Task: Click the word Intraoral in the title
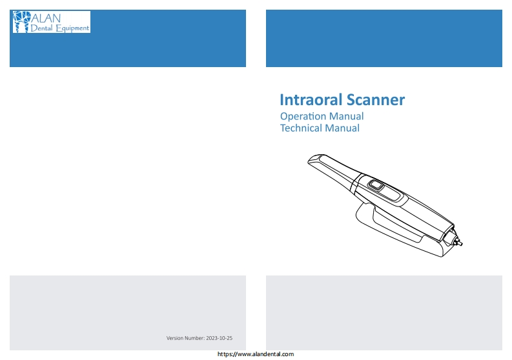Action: [x=311, y=99]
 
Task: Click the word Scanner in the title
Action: [x=376, y=99]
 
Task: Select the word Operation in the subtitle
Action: [x=303, y=117]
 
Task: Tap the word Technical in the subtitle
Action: [x=301, y=128]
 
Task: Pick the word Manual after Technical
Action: [x=342, y=128]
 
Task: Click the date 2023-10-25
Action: [x=219, y=338]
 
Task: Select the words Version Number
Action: [x=185, y=338]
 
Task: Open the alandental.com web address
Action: [x=256, y=354]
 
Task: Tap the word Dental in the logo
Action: [x=41, y=28]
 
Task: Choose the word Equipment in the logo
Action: [x=72, y=28]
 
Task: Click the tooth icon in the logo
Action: [x=21, y=22]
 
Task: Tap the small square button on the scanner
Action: [x=376, y=185]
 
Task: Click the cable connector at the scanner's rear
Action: [x=456, y=241]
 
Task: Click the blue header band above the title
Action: [x=384, y=38]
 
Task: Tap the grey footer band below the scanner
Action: [x=384, y=313]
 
